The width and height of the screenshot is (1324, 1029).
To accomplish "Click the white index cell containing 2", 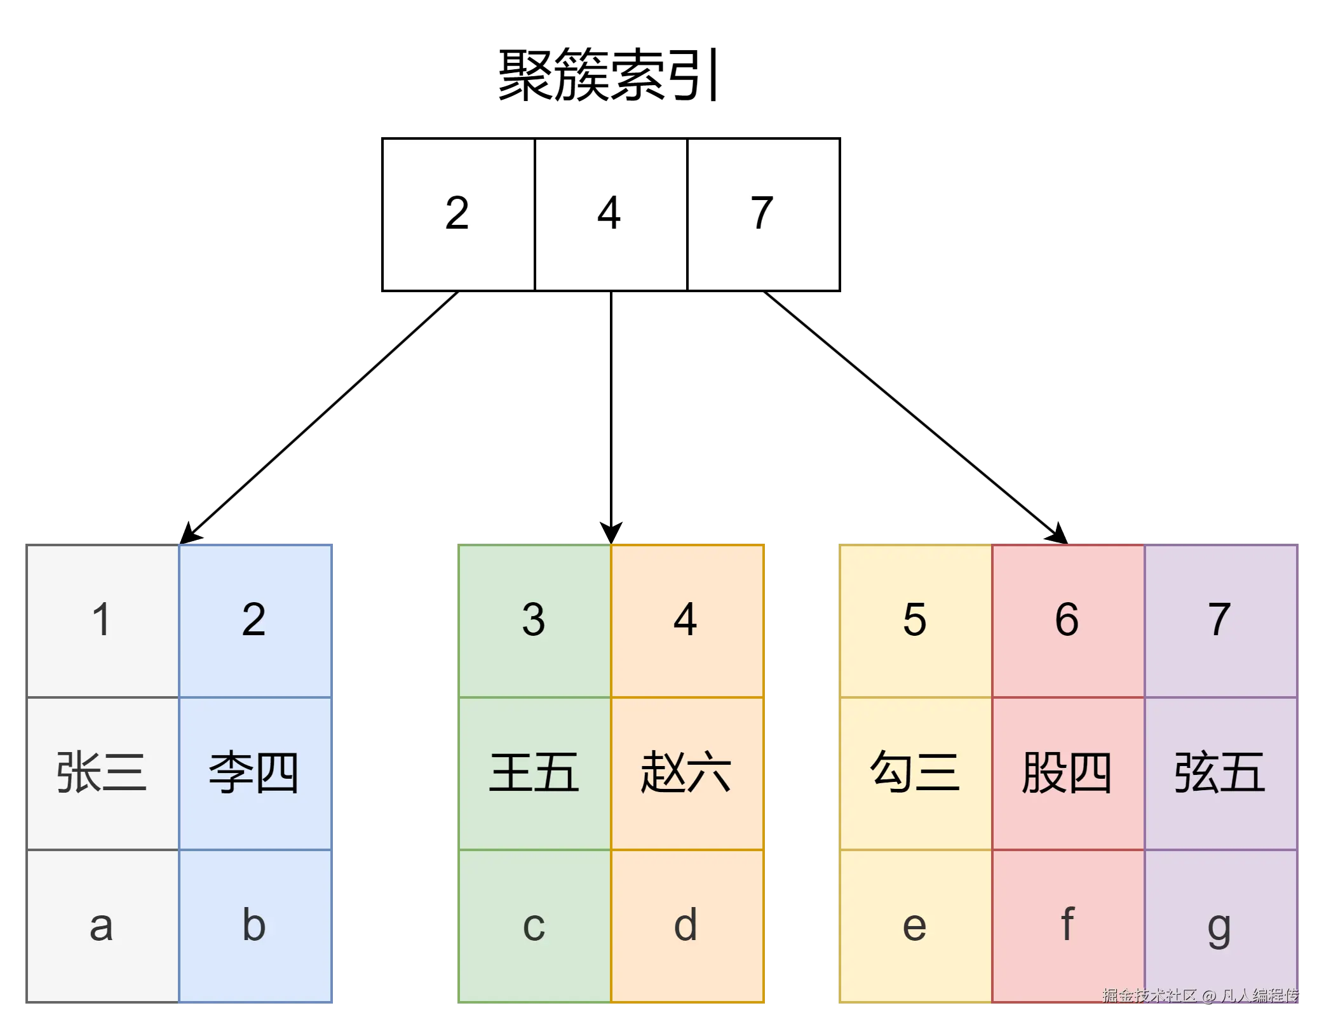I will tap(458, 214).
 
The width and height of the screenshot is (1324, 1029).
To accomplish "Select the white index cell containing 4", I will tap(611, 214).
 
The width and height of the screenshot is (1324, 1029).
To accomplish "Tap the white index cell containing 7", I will tap(763, 214).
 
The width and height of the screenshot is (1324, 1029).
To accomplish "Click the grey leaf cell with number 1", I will tap(102, 620).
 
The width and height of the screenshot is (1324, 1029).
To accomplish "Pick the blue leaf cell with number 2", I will tap(255, 620).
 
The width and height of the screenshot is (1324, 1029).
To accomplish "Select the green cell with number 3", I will tap(534, 620).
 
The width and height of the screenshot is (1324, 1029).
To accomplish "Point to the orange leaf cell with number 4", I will tap(687, 620).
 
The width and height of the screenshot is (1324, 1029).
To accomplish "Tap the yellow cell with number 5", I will tap(915, 620).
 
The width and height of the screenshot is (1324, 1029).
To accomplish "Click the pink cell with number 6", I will tap(1068, 620).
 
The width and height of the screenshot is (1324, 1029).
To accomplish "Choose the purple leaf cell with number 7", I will tap(1220, 620).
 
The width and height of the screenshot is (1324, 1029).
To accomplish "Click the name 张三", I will tap(102, 772).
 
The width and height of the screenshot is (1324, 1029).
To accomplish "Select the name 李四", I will tap(255, 772).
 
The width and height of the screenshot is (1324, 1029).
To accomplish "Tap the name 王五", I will tap(534, 772).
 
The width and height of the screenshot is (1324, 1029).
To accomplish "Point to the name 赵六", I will tap(687, 772).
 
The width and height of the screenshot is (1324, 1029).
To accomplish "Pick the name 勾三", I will tap(915, 772).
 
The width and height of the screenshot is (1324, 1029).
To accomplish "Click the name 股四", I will tap(1068, 772).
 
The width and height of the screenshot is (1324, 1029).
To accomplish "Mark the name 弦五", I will tap(1220, 772).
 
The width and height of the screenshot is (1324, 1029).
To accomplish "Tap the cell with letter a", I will tap(102, 925).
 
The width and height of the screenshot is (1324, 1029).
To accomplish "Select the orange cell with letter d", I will tap(687, 925).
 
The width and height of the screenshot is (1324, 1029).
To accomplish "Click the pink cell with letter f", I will tap(1068, 925).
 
